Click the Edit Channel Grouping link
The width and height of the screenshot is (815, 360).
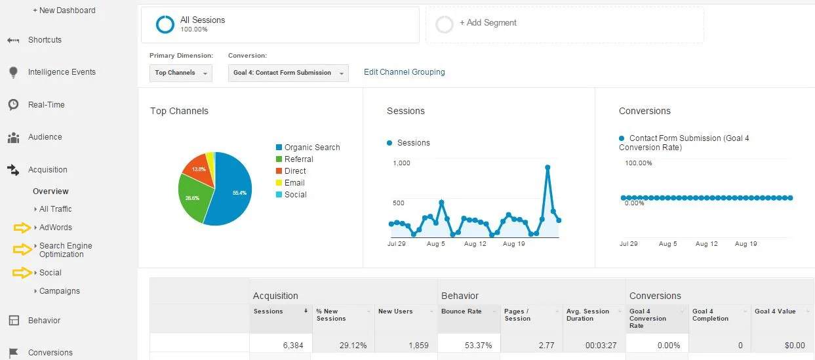404,72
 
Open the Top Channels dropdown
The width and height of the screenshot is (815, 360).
180,73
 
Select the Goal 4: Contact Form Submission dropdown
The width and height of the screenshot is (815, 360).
288,73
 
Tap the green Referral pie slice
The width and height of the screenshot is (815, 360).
193,197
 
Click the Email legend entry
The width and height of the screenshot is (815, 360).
294,183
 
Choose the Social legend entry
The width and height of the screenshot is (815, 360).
295,195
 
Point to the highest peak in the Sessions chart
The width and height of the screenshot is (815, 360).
547,167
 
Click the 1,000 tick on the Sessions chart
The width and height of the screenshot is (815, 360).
401,163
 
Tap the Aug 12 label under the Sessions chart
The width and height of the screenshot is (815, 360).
475,244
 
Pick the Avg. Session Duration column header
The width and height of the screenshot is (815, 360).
587,315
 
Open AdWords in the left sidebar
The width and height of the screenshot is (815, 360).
56,228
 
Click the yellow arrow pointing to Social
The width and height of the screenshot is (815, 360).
22,273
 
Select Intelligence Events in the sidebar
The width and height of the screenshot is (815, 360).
62,72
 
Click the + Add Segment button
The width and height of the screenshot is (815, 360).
488,23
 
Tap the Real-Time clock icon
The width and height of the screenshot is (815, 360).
13,105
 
